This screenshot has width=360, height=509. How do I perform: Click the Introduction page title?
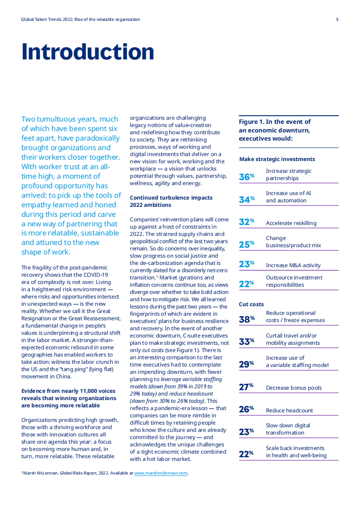pyautogui.click(x=88, y=52)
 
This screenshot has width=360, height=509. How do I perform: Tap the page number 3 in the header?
pyautogui.click(x=337, y=20)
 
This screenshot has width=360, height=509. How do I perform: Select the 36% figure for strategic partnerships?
pyautogui.click(x=247, y=176)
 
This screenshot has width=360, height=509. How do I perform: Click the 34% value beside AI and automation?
pyautogui.click(x=247, y=199)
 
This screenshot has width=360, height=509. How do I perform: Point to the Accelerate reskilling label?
pyautogui.click(x=291, y=223)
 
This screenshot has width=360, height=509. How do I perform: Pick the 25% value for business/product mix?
pyautogui.click(x=247, y=244)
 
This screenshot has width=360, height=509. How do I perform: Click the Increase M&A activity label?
pyautogui.click(x=293, y=265)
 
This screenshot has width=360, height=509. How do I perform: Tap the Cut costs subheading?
pyautogui.click(x=251, y=304)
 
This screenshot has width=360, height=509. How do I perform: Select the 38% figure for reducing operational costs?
pyautogui.click(x=247, y=319)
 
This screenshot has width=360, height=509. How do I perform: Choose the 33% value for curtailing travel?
pyautogui.click(x=247, y=341)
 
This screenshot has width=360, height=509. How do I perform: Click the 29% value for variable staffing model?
pyautogui.click(x=247, y=364)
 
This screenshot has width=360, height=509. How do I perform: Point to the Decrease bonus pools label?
pyautogui.click(x=294, y=388)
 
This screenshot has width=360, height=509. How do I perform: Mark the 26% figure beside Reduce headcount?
pyautogui.click(x=247, y=409)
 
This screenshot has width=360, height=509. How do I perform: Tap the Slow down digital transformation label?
pyautogui.click(x=288, y=429)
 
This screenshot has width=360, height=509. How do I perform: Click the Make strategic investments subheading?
pyautogui.click(x=277, y=159)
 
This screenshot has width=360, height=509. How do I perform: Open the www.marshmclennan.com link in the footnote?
pyautogui.click(x=161, y=473)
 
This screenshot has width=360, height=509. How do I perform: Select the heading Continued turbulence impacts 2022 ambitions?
pyautogui.click(x=171, y=201)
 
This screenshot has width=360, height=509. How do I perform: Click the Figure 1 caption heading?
pyautogui.click(x=275, y=130)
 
